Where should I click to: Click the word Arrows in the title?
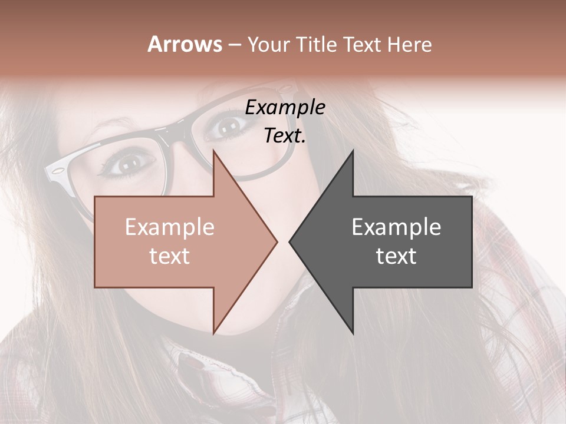point(185,44)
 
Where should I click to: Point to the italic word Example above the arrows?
point(285,108)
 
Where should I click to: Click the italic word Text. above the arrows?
point(285,136)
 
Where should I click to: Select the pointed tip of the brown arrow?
point(277,241)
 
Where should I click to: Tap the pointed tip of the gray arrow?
point(290,241)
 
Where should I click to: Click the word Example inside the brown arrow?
point(169,227)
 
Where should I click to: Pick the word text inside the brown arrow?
point(169,256)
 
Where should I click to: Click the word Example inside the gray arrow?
point(396,227)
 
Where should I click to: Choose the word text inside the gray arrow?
point(396,256)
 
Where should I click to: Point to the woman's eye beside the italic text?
point(229,124)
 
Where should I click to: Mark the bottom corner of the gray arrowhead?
point(353,333)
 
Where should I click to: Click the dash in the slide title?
point(234,45)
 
